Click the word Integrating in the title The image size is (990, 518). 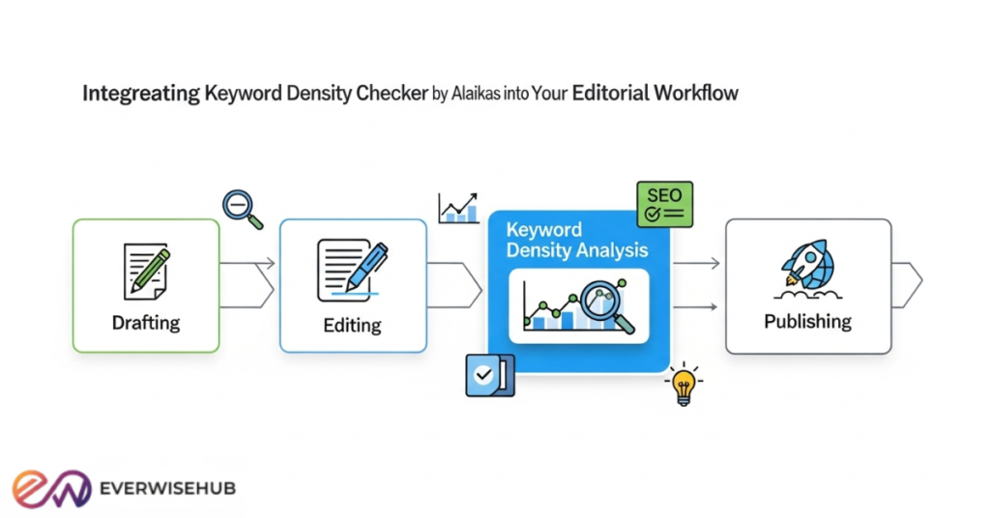[x=141, y=95]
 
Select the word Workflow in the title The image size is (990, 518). [x=695, y=95]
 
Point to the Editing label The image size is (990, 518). [x=352, y=325]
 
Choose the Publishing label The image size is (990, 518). [x=807, y=321]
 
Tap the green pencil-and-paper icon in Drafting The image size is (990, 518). [x=146, y=271]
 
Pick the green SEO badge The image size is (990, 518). [x=664, y=203]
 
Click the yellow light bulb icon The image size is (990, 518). [x=683, y=384]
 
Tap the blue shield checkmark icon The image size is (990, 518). [x=489, y=375]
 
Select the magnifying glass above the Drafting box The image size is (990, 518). [x=242, y=208]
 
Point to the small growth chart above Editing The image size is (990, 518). [x=458, y=208]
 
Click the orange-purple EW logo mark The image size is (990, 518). [x=51, y=488]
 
